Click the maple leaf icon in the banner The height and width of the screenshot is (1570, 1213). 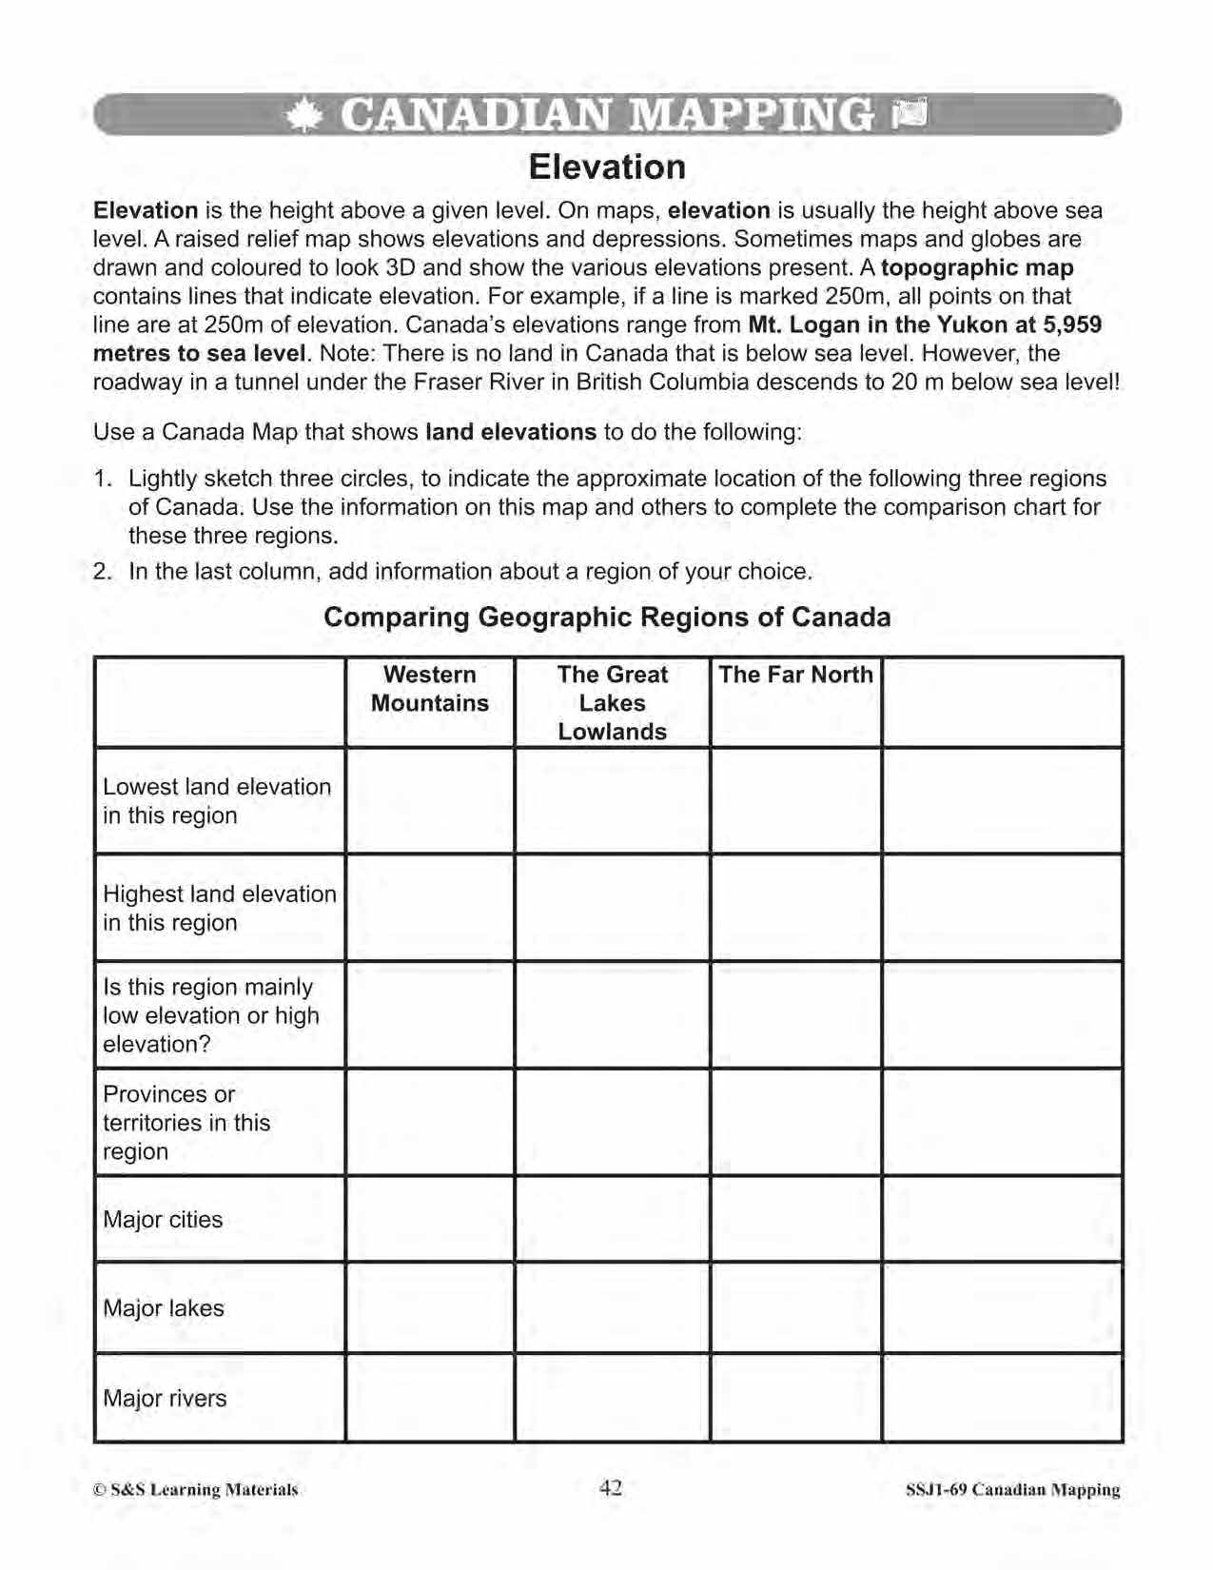coord(303,116)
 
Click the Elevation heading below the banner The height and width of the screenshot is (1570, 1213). coord(607,167)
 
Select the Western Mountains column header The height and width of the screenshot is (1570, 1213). coord(429,689)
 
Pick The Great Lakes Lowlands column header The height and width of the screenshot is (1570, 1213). coord(612,703)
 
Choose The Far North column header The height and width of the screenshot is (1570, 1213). coord(795,675)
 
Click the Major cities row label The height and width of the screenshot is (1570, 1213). coord(163,1220)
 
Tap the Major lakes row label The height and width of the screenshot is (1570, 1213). coord(164,1308)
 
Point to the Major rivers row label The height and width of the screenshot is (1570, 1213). coord(165,1399)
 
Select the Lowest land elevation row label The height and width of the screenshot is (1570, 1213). coord(217,801)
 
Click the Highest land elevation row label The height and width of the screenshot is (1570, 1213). coord(219,908)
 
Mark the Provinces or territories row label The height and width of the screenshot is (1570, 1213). coord(186,1123)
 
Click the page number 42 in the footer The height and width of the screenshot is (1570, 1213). coord(611,1488)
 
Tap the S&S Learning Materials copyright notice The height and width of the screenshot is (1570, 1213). coord(196,1490)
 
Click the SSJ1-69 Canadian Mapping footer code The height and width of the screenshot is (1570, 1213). coord(1012,1490)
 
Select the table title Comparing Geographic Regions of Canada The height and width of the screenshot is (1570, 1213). coord(607,618)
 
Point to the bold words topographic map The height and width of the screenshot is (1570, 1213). coord(977,267)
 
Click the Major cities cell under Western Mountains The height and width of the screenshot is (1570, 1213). coord(430,1219)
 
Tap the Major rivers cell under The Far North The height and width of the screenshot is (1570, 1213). coord(795,1398)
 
